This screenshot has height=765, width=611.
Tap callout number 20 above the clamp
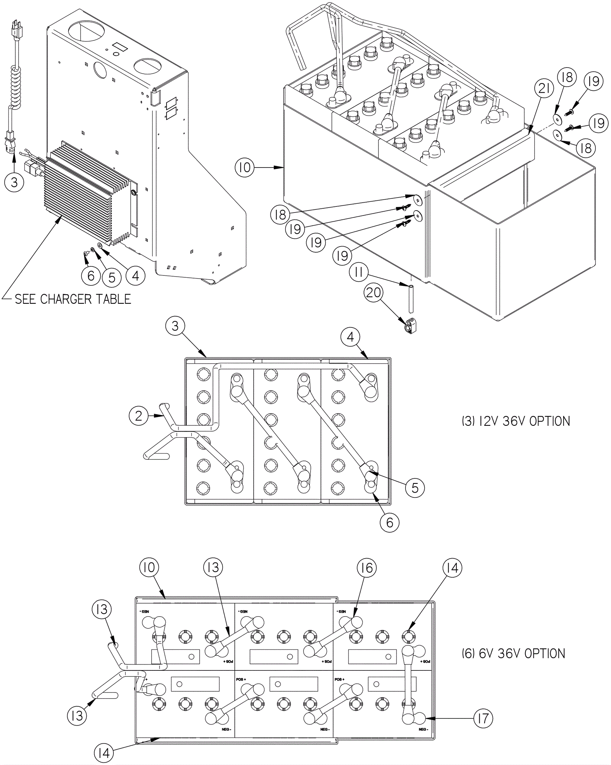click(373, 293)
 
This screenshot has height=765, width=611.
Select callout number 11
click(359, 272)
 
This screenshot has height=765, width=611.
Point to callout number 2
click(138, 416)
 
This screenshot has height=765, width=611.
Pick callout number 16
click(367, 568)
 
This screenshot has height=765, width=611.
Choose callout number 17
click(483, 718)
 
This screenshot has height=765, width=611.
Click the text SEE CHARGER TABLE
click(73, 299)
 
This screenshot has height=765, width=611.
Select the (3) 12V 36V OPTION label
click(516, 421)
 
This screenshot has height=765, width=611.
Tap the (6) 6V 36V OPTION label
click(513, 654)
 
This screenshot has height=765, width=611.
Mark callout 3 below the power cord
click(14, 182)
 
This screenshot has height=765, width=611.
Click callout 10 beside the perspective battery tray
click(245, 167)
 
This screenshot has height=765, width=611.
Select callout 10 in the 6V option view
click(149, 567)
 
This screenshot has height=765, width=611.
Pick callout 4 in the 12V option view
click(351, 337)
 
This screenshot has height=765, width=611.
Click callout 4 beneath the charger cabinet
click(136, 275)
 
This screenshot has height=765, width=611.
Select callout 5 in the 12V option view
click(415, 488)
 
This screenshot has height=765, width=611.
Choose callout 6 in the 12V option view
click(390, 522)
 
